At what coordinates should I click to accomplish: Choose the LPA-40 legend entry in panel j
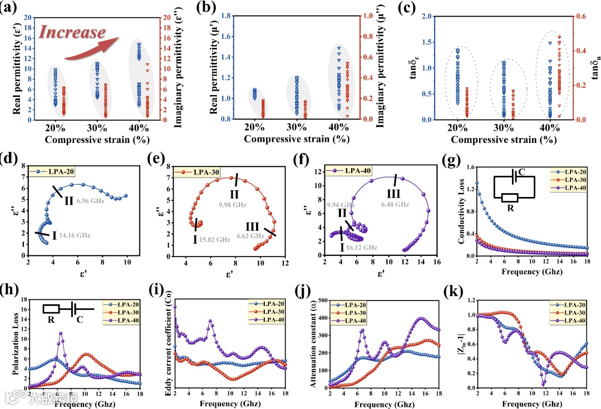pos(354,321)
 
